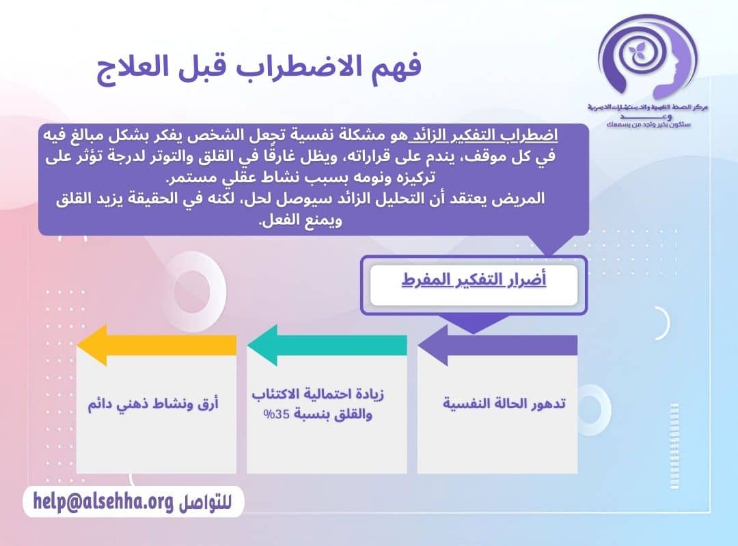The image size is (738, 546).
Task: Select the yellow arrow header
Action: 156,345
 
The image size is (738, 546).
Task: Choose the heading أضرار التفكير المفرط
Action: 474,281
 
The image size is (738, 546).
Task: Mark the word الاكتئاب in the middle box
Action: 276,395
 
